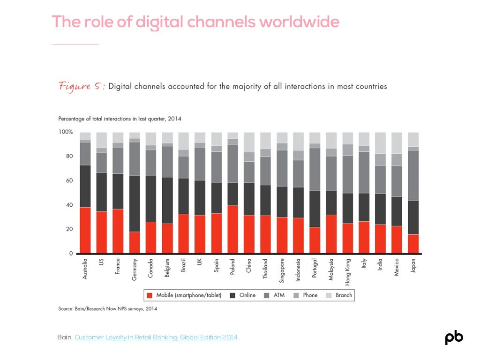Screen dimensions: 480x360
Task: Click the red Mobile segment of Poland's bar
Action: point(232,229)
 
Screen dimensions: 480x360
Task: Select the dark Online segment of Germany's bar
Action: point(135,203)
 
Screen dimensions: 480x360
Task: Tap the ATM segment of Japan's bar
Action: point(413,175)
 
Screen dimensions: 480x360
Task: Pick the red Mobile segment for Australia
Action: point(85,230)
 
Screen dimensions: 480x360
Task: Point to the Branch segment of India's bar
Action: point(380,143)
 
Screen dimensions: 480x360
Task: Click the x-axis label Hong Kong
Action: point(347,272)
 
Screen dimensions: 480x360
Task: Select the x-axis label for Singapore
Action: point(282,270)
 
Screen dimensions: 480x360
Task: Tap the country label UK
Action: point(200,262)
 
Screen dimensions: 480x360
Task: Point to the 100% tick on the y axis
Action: point(66,132)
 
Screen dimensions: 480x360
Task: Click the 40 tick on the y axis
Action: point(69,205)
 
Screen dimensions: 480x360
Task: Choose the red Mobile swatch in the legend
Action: point(150,295)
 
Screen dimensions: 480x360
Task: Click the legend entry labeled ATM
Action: point(274,295)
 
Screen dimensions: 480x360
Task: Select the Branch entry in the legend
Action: point(339,295)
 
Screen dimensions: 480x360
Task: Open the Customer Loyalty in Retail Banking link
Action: point(156,337)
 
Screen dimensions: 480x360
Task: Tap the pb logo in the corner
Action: point(454,337)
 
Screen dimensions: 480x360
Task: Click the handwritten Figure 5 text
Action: point(82,87)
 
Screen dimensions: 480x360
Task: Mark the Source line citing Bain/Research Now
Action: point(107,308)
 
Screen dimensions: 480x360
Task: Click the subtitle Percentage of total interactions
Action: point(120,119)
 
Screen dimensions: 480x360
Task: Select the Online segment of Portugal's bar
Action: point(315,209)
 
